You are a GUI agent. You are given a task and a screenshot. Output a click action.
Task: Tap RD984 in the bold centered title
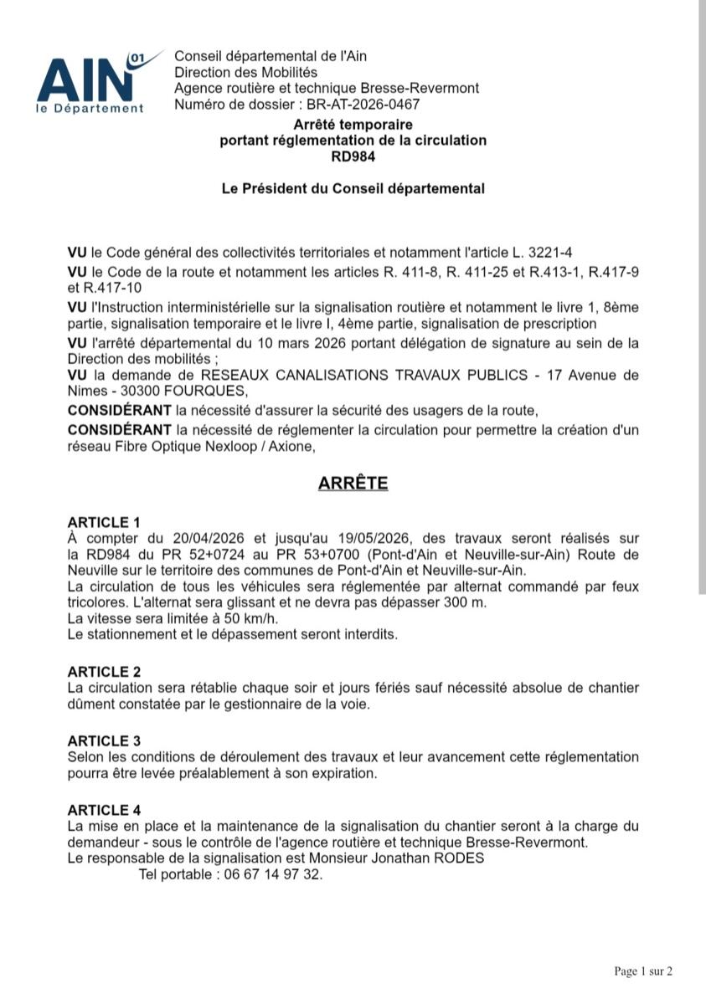(x=353, y=156)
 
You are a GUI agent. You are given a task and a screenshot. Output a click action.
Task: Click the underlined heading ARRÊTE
(x=353, y=484)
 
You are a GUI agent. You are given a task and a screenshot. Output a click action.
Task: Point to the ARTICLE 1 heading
(x=104, y=523)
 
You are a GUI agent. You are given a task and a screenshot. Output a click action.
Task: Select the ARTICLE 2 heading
(x=104, y=672)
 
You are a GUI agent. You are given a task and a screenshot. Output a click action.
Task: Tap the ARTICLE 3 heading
(x=104, y=741)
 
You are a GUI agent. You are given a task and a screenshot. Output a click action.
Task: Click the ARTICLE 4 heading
(x=104, y=810)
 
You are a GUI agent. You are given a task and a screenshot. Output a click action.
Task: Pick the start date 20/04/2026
(x=208, y=538)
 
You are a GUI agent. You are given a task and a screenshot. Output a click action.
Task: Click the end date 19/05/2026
(x=375, y=538)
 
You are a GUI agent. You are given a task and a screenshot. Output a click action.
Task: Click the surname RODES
(x=460, y=858)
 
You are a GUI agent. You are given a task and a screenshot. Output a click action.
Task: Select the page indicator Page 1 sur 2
(x=643, y=971)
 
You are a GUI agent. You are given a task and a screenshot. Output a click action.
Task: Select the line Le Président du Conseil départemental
(x=353, y=189)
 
